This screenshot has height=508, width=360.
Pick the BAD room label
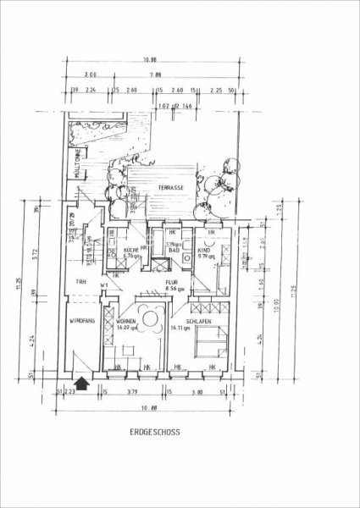tap(173, 251)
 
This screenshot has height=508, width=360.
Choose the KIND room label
tap(203, 250)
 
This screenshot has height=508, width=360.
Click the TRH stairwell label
tap(82, 282)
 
